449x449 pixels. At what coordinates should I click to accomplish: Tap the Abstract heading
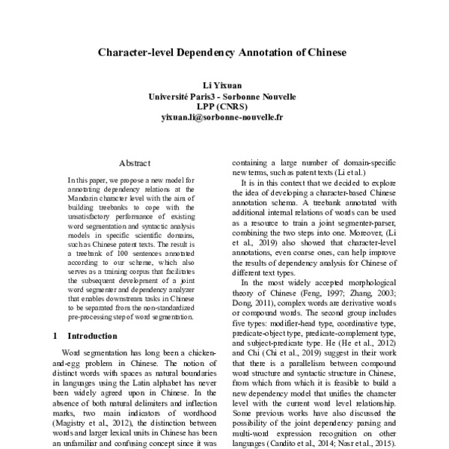pyautogui.click(x=135, y=162)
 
